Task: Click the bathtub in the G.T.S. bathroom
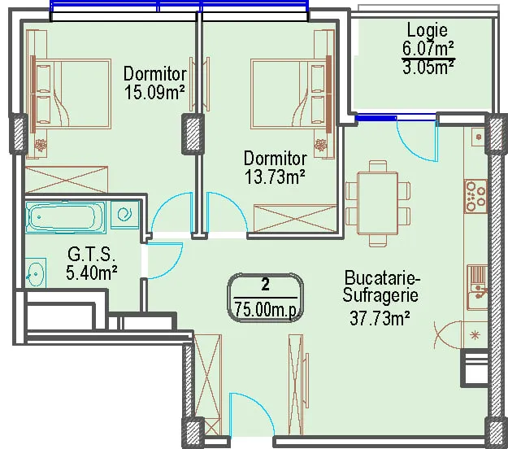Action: [66, 217]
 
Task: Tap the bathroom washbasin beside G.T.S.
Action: [36, 273]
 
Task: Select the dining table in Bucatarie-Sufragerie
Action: [377, 203]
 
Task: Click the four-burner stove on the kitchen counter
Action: [475, 196]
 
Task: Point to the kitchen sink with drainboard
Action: [477, 287]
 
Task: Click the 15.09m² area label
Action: [154, 93]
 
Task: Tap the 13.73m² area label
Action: [275, 177]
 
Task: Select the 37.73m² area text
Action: [380, 318]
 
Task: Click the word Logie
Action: [428, 30]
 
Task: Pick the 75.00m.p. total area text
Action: [266, 310]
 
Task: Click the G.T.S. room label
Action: [91, 254]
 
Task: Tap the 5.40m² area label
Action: [91, 272]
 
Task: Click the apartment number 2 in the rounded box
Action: [265, 286]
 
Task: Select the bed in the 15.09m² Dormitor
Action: [72, 94]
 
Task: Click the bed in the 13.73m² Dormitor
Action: [291, 94]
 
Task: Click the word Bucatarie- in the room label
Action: [382, 278]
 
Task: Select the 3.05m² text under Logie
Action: [428, 68]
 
